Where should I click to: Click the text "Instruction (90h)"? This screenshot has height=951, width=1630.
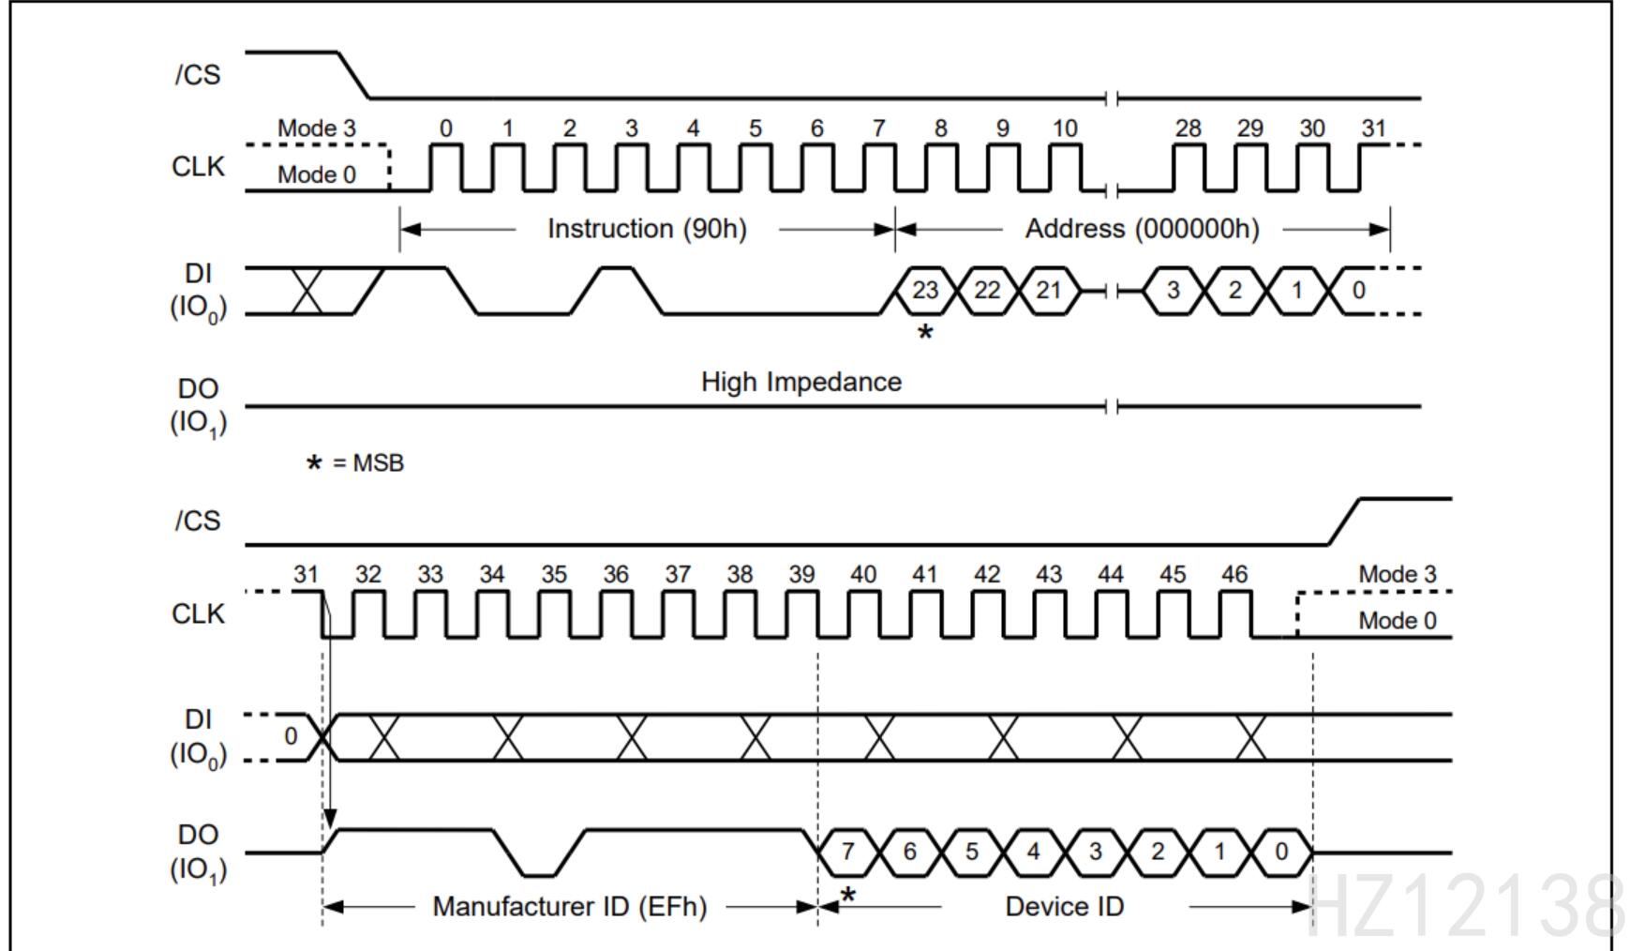[647, 229]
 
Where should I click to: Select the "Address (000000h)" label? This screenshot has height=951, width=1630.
[1142, 229]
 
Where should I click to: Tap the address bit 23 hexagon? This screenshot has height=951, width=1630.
[925, 291]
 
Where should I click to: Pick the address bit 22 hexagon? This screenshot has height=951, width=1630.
[987, 291]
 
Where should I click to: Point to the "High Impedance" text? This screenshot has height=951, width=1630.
[801, 382]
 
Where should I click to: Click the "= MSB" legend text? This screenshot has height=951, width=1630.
[368, 463]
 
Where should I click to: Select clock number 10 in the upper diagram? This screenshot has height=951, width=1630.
[1065, 128]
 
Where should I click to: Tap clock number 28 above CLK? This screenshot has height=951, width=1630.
[1188, 128]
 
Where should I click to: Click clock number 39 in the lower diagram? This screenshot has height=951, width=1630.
[801, 574]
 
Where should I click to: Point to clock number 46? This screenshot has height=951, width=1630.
[1234, 574]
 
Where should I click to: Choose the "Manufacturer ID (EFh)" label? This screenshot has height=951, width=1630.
[569, 907]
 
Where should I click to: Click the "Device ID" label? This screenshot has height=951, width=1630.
[1064, 907]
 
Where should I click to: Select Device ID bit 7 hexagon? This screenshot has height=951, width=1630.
[847, 852]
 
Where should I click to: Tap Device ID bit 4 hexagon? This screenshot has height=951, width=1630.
[1033, 852]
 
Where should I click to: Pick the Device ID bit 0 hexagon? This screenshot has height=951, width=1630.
[1281, 852]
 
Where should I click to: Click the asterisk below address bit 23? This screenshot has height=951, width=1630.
[925, 333]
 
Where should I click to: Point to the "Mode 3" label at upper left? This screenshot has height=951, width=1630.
[317, 128]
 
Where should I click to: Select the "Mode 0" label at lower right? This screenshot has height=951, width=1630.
[1397, 621]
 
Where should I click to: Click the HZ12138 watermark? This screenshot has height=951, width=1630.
[1466, 905]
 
